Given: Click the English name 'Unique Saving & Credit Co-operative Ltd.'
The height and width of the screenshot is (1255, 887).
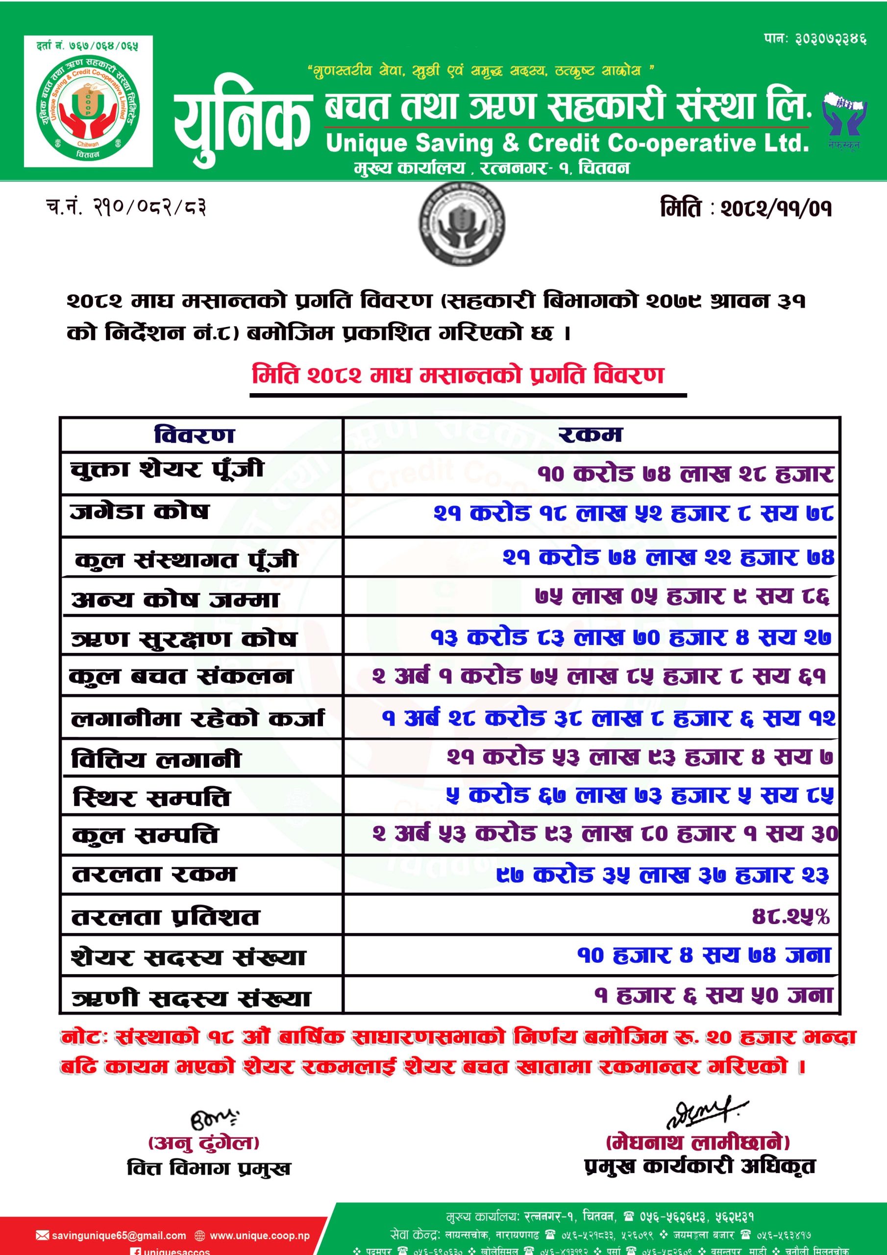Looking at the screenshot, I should [567, 143].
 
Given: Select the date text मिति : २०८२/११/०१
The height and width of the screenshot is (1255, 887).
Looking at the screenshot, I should [745, 208].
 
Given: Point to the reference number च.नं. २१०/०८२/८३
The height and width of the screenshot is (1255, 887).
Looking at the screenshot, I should [126, 208].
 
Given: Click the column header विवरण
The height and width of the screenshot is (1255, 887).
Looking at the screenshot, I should [195, 435].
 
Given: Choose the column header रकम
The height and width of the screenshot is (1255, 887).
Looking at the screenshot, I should [590, 434].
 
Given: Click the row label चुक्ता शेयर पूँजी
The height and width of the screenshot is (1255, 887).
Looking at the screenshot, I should [167, 469].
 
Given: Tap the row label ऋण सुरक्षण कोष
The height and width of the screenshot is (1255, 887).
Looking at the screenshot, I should [184, 638].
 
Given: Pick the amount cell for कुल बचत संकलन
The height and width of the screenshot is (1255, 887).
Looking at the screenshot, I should [598, 677].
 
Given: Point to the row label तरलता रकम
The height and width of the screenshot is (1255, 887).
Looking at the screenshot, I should [154, 874].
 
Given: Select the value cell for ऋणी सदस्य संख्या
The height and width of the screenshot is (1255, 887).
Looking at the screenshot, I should [713, 995].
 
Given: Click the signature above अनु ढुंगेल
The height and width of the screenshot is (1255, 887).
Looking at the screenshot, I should [214, 1120].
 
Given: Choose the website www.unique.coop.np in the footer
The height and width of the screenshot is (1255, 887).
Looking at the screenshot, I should [259, 1235].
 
